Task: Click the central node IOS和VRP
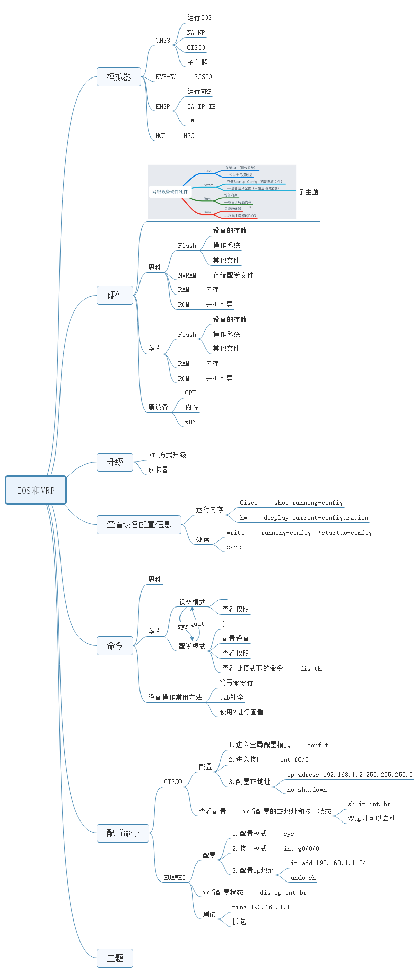click(x=36, y=491)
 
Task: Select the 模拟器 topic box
click(x=119, y=77)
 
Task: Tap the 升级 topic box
click(x=115, y=462)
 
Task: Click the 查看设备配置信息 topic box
click(x=139, y=525)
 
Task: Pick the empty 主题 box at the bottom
click(x=115, y=958)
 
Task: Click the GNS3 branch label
click(x=163, y=41)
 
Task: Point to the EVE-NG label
click(x=167, y=77)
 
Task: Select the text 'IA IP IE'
click(x=202, y=107)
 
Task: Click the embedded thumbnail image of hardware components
click(x=222, y=191)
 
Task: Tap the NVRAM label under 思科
click(x=187, y=276)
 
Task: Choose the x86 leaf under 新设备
click(x=190, y=422)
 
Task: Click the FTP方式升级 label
click(x=167, y=455)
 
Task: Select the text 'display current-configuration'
click(x=316, y=518)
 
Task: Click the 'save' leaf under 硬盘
click(x=234, y=547)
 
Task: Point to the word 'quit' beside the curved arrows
click(x=197, y=624)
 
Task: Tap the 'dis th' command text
click(x=311, y=669)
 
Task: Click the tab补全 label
click(x=232, y=698)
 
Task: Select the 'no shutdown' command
click(x=307, y=790)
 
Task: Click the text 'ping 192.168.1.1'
click(x=261, y=908)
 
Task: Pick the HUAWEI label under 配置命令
click(x=175, y=878)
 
